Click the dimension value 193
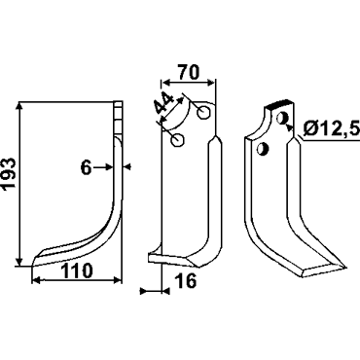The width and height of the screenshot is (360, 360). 9,173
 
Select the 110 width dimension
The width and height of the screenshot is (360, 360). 77,270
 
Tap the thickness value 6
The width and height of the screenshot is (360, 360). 86,168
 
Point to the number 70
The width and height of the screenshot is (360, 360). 188,72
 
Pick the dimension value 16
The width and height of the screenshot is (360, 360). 187,281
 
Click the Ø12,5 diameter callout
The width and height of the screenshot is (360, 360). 332,129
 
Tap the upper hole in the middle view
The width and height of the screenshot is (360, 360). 203,112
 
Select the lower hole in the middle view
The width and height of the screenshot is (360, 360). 178,140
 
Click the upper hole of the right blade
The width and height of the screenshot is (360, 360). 282,118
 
